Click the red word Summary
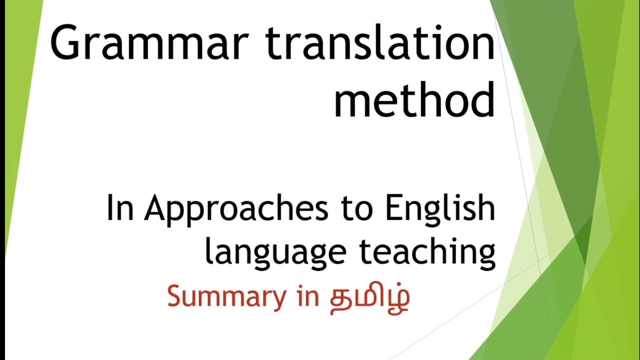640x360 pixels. (225, 297)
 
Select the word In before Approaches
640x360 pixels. (120, 209)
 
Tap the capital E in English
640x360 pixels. (393, 209)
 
